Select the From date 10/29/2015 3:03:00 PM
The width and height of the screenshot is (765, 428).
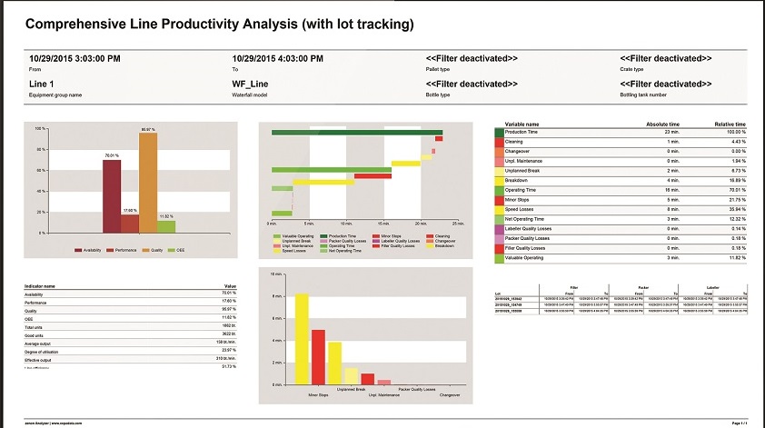point(75,59)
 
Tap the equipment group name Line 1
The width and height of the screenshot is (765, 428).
point(44,85)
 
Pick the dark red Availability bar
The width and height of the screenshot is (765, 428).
point(111,196)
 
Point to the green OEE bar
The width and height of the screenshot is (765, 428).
point(166,226)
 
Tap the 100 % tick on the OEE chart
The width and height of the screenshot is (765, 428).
point(39,129)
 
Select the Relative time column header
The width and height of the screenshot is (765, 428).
point(729,124)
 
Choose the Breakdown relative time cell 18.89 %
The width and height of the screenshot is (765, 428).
point(735,180)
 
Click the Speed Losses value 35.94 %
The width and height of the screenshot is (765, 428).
point(735,208)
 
